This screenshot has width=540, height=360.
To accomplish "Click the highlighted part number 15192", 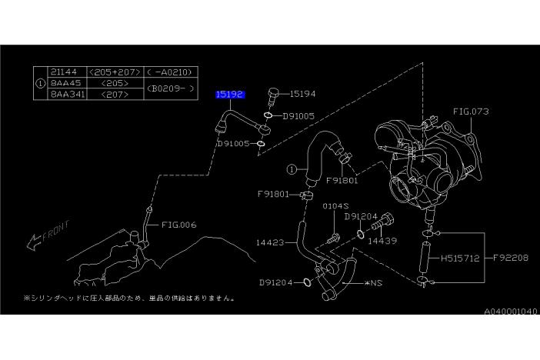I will (x=230, y=94).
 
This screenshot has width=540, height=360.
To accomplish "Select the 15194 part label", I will (x=303, y=94).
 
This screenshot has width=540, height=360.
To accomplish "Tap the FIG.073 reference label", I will (x=471, y=112).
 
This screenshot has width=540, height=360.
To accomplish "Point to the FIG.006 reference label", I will (x=179, y=225).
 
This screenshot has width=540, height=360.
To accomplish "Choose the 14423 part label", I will (x=271, y=242).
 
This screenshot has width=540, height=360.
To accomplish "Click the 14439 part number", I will (x=382, y=241).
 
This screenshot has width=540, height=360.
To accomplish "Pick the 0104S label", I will (x=335, y=206).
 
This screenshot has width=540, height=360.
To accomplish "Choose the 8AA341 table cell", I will (x=65, y=93).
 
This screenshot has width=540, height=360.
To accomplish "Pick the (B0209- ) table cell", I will (x=166, y=88).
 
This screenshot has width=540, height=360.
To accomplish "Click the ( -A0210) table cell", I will (x=166, y=72).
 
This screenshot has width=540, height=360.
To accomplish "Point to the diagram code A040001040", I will (x=511, y=311).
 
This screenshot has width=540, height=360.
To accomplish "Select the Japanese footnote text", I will (x=129, y=298).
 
